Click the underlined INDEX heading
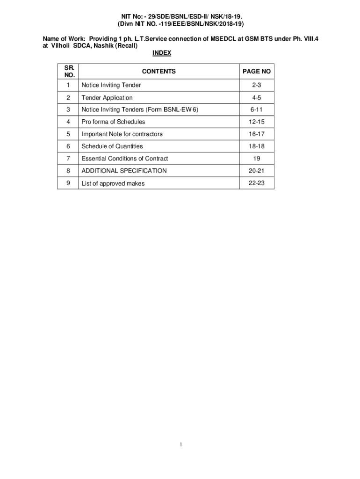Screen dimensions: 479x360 click(x=162, y=53)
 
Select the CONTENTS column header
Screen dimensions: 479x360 click(x=159, y=72)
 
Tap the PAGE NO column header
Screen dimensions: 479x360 click(x=256, y=72)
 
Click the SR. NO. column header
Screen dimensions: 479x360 click(x=69, y=71)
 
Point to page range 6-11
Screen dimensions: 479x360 click(x=256, y=109)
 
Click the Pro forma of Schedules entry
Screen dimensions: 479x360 click(x=113, y=122)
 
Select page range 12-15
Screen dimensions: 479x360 click(x=256, y=122)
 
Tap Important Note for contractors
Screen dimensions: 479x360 click(x=122, y=134)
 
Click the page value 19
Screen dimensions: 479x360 click(x=256, y=159)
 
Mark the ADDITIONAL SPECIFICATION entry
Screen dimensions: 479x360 click(x=124, y=171)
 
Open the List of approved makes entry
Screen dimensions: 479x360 click(x=113, y=183)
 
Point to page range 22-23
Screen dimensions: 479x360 click(x=256, y=183)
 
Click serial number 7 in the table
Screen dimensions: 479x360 click(x=69, y=158)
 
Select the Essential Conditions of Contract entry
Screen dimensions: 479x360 click(x=125, y=159)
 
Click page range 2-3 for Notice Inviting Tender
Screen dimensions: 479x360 click(x=256, y=85)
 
